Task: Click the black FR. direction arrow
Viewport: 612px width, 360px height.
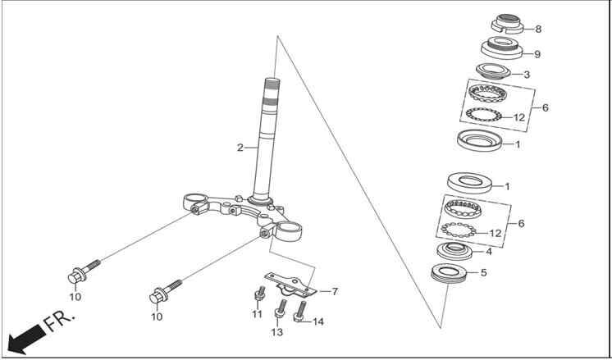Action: pos(25,339)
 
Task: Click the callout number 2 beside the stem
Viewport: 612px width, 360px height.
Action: pos(240,148)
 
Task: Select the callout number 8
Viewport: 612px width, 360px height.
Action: pos(538,29)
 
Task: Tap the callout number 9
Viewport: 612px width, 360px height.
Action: pos(537,54)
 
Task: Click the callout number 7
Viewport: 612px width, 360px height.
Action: pos(335,291)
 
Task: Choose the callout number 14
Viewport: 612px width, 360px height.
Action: pos(317,321)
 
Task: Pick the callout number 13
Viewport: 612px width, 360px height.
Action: pos(276,332)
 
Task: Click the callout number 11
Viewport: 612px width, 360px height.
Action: pos(257,314)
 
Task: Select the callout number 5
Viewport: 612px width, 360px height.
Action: pos(483,272)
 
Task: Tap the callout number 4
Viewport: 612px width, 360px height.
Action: pos(489,252)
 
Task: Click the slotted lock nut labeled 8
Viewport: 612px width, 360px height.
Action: pos(507,24)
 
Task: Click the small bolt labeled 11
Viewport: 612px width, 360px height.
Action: pos(260,294)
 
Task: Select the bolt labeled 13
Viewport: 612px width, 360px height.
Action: pos(280,308)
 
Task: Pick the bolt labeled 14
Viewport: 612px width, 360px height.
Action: pos(299,312)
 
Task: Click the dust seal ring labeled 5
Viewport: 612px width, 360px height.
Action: pos(448,274)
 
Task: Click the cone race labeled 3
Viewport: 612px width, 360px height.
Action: pos(493,71)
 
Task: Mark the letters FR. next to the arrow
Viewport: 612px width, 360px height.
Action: pos(58,321)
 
